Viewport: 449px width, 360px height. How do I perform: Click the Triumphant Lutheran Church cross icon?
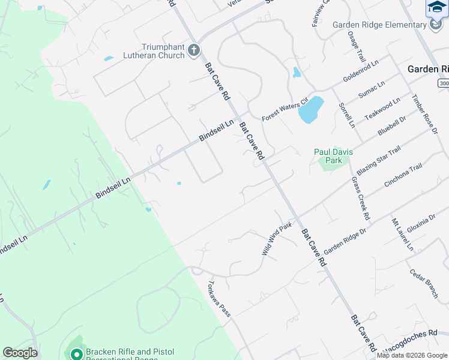coord(193,50)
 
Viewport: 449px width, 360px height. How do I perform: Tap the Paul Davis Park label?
coord(332,156)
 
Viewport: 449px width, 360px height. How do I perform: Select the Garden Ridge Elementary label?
coord(379,25)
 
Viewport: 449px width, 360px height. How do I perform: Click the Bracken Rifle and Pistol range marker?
coord(76,355)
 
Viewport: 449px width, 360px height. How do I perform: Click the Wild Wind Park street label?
coord(276,239)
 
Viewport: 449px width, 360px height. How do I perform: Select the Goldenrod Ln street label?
coord(361,71)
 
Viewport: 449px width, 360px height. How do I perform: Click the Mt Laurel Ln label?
coord(402,235)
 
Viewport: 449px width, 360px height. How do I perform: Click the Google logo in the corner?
coord(20,353)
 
